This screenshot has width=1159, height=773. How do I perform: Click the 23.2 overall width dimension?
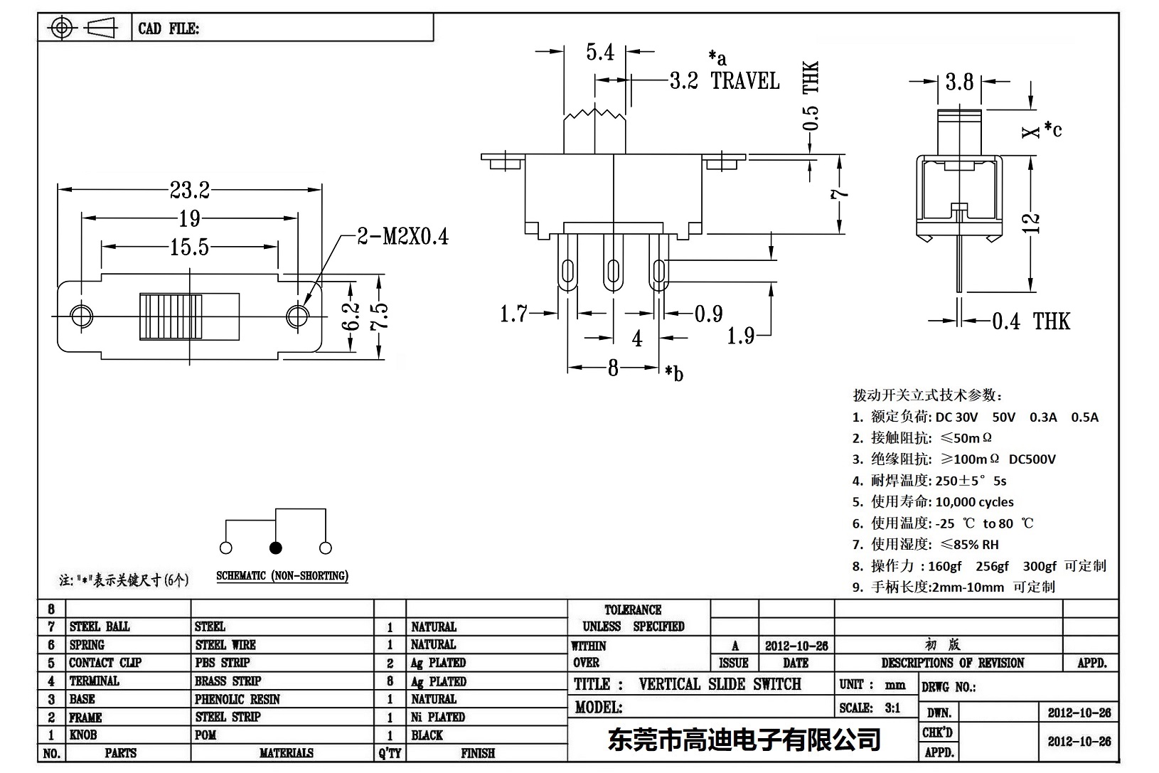pos(189,191)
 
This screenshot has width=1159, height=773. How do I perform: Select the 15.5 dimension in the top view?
pos(189,247)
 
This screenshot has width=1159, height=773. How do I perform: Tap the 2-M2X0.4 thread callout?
pos(402,237)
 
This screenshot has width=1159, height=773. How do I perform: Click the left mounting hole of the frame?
pos(82,315)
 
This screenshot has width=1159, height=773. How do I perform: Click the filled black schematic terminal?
pos(276,548)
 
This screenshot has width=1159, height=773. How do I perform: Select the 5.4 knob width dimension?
pos(599,53)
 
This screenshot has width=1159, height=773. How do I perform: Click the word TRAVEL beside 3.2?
pos(745,81)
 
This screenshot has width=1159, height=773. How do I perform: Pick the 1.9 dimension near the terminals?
pos(740,336)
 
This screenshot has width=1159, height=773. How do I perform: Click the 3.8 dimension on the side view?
pos(959,82)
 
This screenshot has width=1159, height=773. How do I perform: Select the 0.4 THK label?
pos(1030,321)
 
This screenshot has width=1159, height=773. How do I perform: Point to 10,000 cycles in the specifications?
pos(974,502)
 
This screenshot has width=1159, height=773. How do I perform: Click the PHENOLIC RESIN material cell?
pos(237,699)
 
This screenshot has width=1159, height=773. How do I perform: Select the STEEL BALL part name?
pos(100,627)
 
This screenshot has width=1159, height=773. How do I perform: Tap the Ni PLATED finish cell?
pos(437,717)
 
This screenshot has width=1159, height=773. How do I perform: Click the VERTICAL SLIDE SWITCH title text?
pos(720,684)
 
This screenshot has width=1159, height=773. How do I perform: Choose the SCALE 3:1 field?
pos(869,708)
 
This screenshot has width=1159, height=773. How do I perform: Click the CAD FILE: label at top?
pos(169,29)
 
